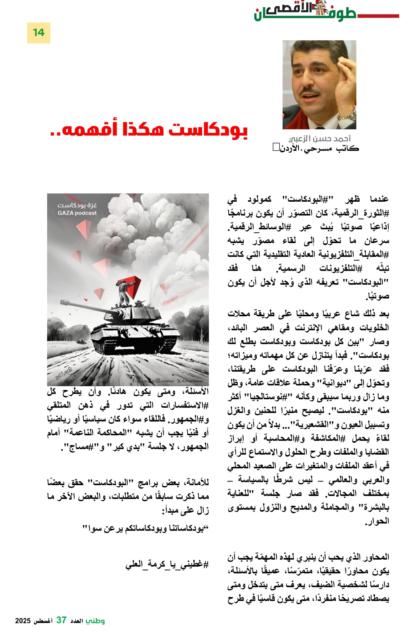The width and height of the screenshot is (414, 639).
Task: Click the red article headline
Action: [x=149, y=131]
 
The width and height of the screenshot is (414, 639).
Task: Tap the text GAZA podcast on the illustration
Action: [x=77, y=213]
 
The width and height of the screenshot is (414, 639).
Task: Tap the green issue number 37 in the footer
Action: [x=61, y=620]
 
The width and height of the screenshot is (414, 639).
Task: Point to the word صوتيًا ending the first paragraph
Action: [x=378, y=296]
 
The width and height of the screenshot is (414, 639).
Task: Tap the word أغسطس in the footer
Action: [x=43, y=621]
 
